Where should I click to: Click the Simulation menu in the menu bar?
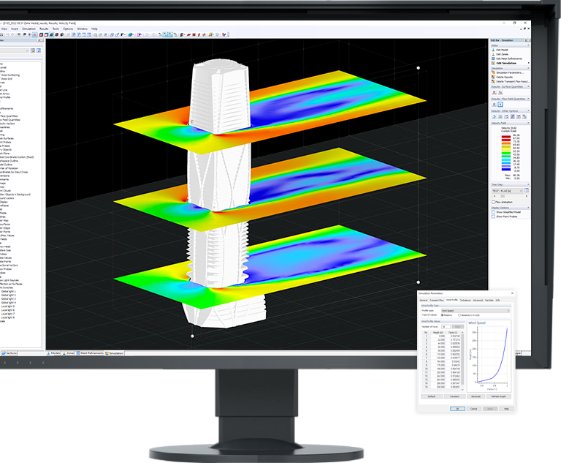pyautogui.click(x=28, y=29)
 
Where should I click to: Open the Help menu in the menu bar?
pyautogui.click(x=95, y=29)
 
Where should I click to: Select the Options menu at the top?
pyautogui.click(x=67, y=29)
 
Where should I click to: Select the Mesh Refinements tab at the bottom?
pyautogui.click(x=93, y=353)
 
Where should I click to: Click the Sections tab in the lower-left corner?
pyautogui.click(x=11, y=353)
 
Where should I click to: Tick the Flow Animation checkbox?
pyautogui.click(x=494, y=202)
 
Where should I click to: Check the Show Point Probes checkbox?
pyautogui.click(x=494, y=217)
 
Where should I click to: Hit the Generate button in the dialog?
pyautogui.click(x=476, y=396)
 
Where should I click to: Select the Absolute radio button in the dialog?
pyautogui.click(x=459, y=315)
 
